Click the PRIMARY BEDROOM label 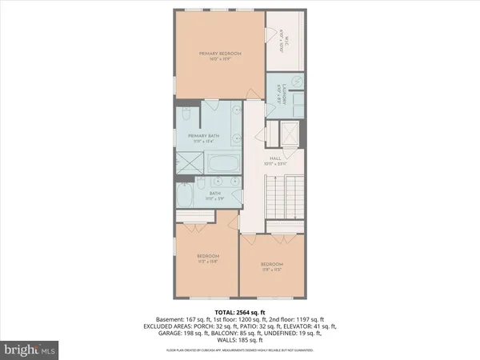pyautogui.click(x=220, y=54)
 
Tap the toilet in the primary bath pyautogui.click(x=183, y=114)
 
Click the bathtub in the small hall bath pyautogui.click(x=186, y=197)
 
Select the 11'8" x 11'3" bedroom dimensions pyautogui.click(x=272, y=270)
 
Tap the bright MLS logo pyautogui.click(x=30, y=349)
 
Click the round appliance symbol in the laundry pyautogui.click(x=294, y=82)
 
